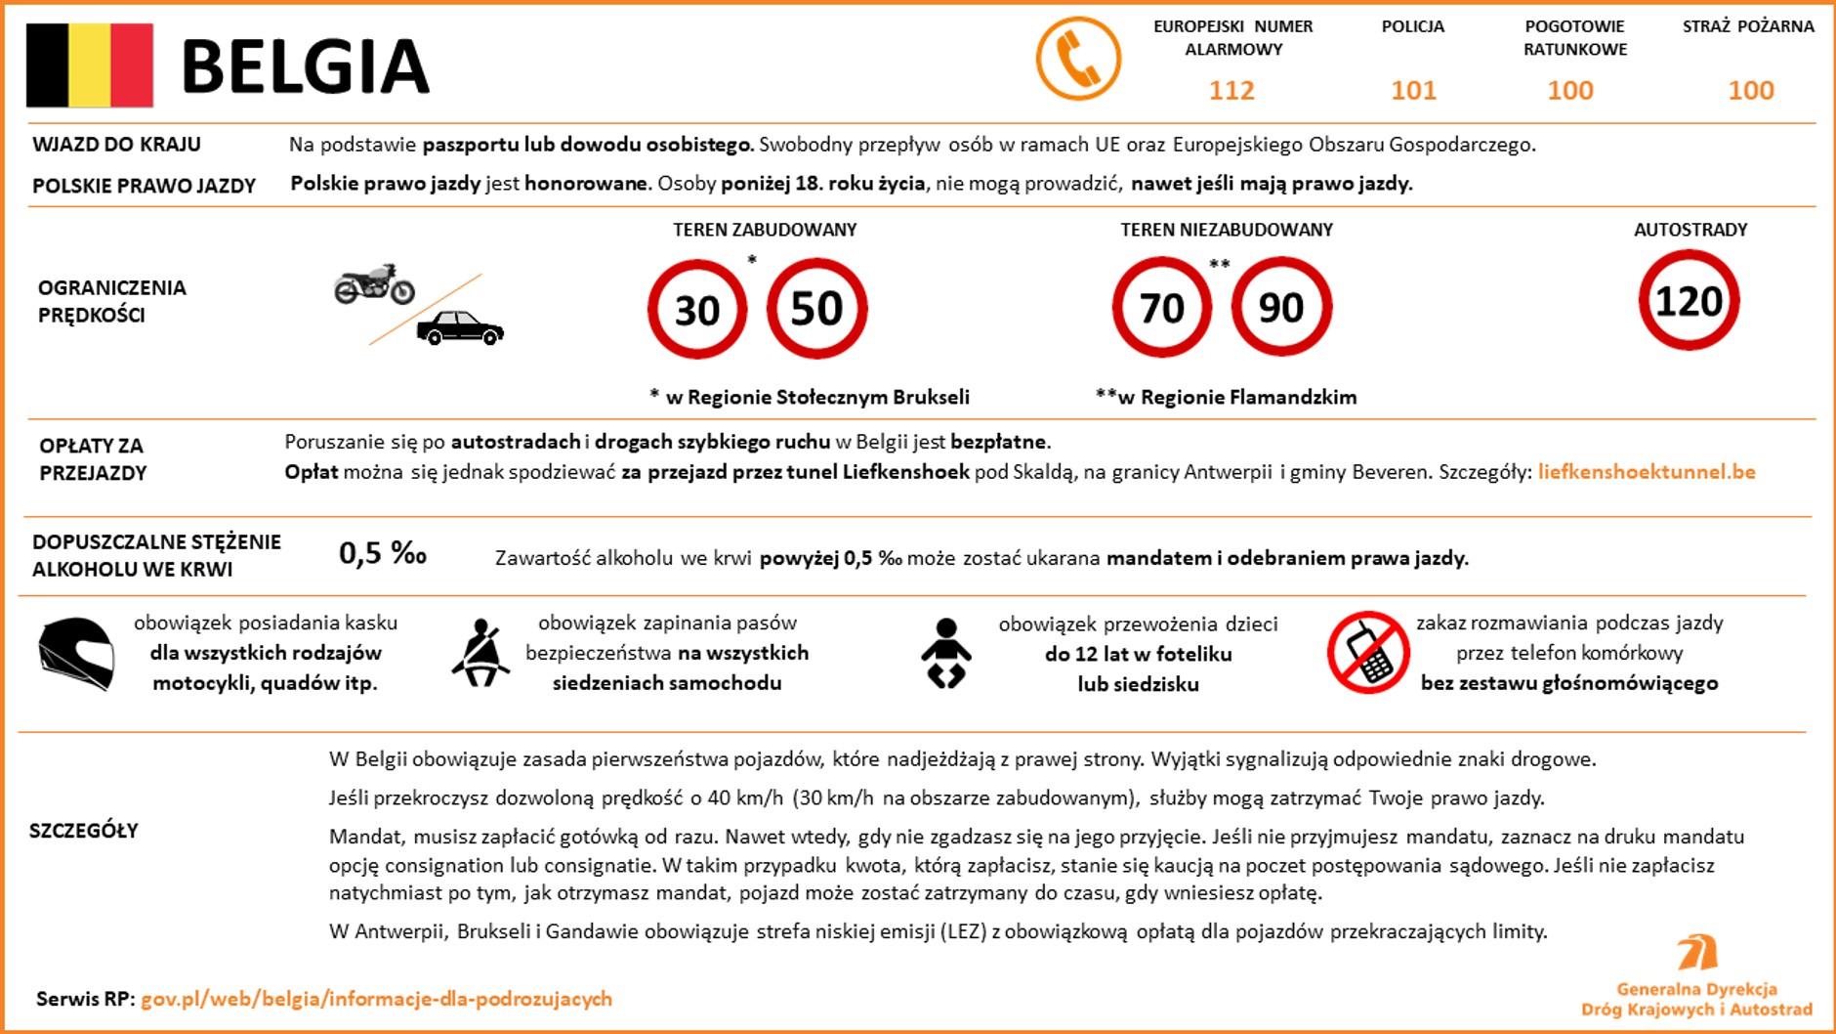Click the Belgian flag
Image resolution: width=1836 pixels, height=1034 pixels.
90,65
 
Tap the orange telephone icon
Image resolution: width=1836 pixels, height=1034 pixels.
1078,59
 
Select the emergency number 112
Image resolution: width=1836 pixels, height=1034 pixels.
1231,91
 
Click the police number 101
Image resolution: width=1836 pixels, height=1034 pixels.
1413,91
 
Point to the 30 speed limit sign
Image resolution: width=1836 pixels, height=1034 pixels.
697,310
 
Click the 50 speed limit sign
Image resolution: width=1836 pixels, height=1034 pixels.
816,309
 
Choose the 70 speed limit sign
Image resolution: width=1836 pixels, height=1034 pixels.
1161,308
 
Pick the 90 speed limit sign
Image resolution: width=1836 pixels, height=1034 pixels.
1280,308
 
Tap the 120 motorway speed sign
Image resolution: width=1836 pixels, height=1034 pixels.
1689,301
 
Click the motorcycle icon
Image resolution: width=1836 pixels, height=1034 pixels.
374,284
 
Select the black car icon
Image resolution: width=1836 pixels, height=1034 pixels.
460,328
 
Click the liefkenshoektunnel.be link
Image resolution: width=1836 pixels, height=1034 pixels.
1647,472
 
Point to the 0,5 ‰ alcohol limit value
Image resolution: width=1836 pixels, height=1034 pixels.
383,554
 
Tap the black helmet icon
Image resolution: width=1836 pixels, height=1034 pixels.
76,654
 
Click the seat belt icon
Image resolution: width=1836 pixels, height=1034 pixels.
480,653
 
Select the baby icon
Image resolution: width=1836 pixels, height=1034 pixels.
945,653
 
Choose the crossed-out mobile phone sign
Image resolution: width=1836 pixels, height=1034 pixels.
1367,653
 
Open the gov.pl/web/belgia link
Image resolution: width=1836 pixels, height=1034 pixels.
376,999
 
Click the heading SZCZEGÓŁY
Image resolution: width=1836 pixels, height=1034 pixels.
84,831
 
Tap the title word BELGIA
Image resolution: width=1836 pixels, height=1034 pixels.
305,66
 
